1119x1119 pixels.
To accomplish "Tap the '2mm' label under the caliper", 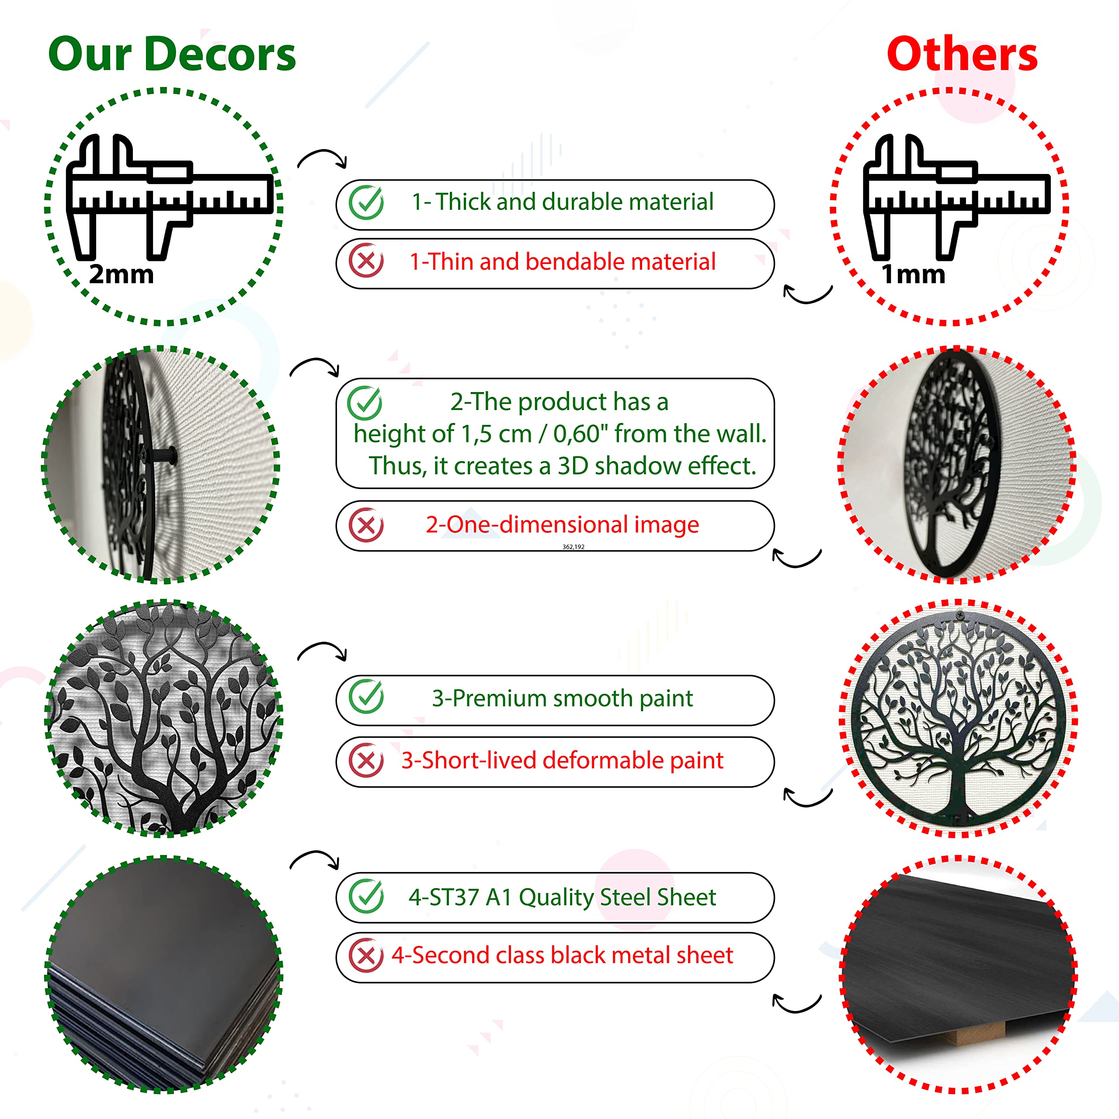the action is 122,274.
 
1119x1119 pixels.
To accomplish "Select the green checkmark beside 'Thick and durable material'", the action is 366,202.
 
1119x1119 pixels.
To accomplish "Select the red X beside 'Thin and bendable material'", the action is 366,261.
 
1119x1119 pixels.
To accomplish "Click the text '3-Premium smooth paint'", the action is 563,699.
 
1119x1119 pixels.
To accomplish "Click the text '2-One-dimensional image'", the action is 563,524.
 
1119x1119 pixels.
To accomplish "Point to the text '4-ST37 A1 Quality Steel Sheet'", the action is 563,897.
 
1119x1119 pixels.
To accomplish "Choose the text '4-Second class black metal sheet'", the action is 563,955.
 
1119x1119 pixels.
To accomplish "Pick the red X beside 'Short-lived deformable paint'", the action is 366,761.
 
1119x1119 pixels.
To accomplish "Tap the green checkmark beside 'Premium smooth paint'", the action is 366,697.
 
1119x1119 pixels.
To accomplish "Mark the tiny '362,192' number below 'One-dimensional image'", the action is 573,547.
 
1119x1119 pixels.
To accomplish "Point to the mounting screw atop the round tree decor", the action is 960,615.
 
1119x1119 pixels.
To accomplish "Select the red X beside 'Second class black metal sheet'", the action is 366,956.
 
